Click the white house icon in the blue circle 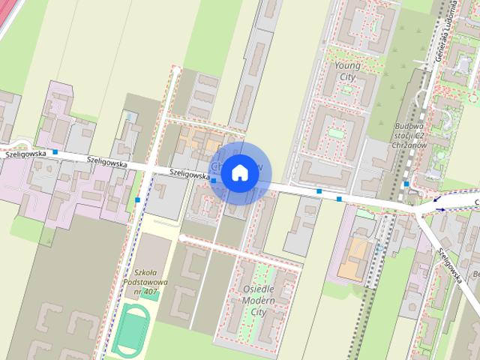(x=238, y=173)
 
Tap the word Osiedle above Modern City (x=259, y=289)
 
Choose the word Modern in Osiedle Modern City (x=259, y=300)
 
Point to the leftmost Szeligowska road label (x=23, y=153)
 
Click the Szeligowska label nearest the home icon (x=189, y=172)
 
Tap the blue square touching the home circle (x=214, y=180)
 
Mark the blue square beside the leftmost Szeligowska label (x=55, y=152)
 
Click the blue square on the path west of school (x=139, y=200)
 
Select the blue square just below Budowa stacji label (x=406, y=184)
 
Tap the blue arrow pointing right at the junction (x=439, y=209)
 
